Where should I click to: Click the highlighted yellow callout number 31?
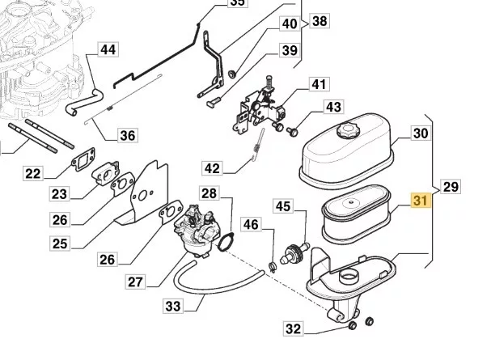click(421, 201)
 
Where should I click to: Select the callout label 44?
click(108, 49)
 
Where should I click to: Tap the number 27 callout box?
click(135, 282)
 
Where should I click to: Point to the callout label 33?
click(173, 306)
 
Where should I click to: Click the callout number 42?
click(212, 168)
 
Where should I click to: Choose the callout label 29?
click(451, 187)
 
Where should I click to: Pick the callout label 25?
click(60, 244)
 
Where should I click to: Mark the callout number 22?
click(33, 173)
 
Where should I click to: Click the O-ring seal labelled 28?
click(226, 241)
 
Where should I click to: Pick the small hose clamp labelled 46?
click(272, 267)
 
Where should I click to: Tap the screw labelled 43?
click(292, 132)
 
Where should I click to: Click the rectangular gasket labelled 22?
click(83, 159)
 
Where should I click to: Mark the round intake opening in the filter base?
click(349, 276)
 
